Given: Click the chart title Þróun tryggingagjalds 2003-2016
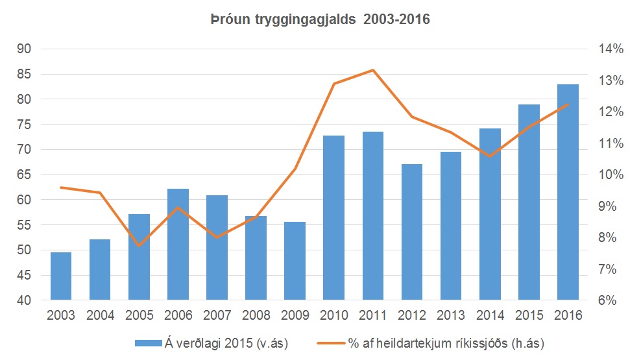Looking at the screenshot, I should (320, 20).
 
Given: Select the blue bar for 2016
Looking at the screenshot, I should (568, 192).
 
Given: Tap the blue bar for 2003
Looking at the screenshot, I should (61, 276).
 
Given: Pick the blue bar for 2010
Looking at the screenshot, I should (333, 218).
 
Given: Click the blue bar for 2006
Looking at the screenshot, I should (178, 245).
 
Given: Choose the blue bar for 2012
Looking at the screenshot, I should (412, 232).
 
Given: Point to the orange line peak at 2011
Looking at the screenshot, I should (372, 70).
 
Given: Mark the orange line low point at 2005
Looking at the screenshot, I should (139, 245).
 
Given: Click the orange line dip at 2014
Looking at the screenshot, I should (490, 156).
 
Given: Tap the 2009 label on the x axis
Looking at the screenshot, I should (295, 316).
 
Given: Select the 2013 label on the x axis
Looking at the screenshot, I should (451, 316).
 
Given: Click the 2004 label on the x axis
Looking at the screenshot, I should (100, 316).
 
